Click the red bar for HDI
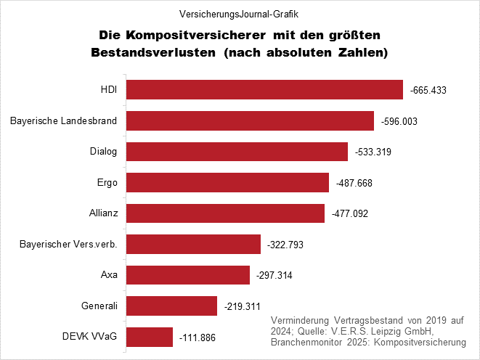(x=264, y=90)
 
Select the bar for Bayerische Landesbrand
(x=250, y=121)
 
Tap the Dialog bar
(x=237, y=152)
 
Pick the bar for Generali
(x=172, y=306)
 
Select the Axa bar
(x=188, y=276)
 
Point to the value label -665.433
(x=428, y=91)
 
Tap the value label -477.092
(x=349, y=214)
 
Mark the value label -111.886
(x=198, y=338)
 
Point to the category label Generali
(x=102, y=306)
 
